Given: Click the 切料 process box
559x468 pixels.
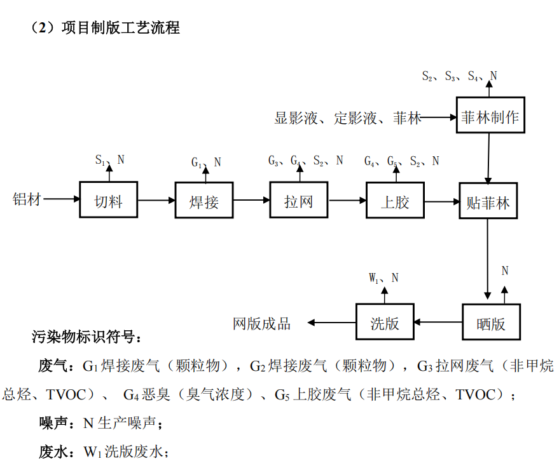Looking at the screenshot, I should coord(108,200).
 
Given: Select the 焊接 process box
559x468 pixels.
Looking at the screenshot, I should coord(204,200).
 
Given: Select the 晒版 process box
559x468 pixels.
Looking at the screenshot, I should coord(490,322).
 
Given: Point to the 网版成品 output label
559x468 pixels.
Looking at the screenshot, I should coord(262,323).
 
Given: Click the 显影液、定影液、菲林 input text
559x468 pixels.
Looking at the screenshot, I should coord(347,118).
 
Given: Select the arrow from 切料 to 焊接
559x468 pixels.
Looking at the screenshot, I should coord(156,200).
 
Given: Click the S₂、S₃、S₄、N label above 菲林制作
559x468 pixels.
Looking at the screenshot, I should coord(459,76).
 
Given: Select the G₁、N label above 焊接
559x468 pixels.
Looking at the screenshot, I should coord(206,163).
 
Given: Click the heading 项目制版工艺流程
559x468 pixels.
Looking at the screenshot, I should coord(120,27).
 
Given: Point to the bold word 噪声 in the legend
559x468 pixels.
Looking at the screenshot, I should coord(53,423).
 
